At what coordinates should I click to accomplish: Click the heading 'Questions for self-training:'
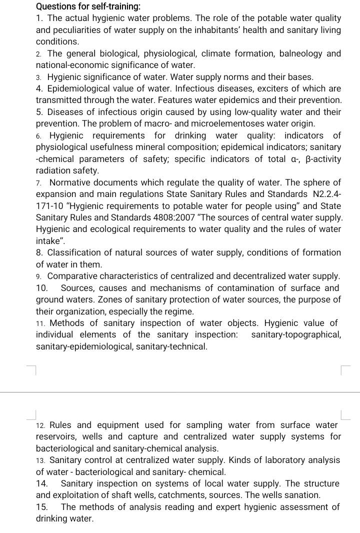coord(88,6)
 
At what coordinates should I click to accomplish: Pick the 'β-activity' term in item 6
coord(322,159)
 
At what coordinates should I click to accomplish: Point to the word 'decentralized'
coord(260,276)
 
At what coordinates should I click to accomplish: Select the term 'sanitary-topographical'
coord(296,334)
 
